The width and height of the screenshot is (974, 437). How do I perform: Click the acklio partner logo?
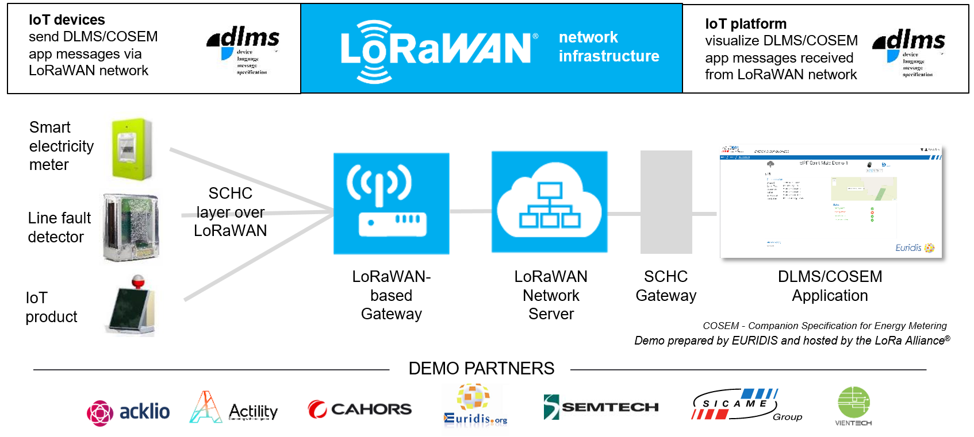[x=128, y=412]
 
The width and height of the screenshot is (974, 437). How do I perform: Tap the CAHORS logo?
[x=359, y=409]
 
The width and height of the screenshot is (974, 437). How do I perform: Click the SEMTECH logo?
[x=601, y=407]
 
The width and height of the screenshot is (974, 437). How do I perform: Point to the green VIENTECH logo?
[x=853, y=405]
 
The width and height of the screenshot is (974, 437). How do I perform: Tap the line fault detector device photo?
[x=131, y=227]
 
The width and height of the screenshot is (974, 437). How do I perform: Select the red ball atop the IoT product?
[x=138, y=281]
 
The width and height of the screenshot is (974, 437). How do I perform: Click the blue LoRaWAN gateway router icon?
[x=391, y=203]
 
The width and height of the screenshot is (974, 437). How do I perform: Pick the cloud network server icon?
[x=549, y=202]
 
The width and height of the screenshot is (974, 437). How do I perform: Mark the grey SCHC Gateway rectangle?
[x=666, y=202]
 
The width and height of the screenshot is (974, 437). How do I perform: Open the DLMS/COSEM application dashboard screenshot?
[x=830, y=202]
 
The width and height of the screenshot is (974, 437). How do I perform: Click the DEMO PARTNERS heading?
[x=481, y=368]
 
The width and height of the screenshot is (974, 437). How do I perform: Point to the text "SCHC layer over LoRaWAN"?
[x=230, y=212]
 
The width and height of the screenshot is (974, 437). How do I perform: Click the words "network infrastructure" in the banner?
[x=608, y=47]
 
